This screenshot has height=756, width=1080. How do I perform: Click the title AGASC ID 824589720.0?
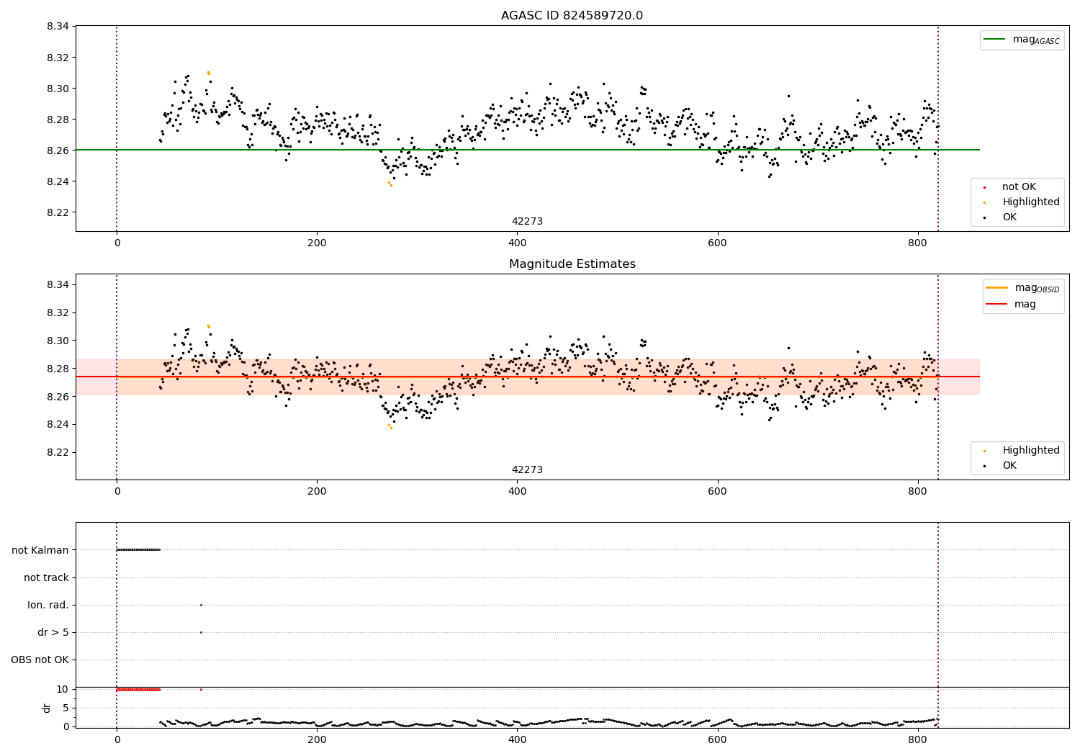pos(572,16)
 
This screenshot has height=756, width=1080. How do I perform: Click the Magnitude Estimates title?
pos(572,264)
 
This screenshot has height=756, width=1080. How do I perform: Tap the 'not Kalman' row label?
pos(40,550)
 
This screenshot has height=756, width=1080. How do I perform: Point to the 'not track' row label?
pos(46,577)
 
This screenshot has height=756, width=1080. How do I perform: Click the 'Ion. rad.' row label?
pos(48,605)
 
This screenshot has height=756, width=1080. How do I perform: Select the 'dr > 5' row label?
pos(53,632)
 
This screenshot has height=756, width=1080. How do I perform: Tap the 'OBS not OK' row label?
pos(40,660)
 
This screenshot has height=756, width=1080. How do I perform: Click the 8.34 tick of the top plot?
pos(58,27)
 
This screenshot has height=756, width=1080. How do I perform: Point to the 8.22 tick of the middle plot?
pos(58,452)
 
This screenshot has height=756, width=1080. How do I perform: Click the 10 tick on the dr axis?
pos(62,689)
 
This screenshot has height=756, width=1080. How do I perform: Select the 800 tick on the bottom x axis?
pos(917,739)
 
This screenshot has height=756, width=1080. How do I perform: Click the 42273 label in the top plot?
pos(527,222)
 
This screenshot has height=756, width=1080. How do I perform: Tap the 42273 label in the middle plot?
pos(527,470)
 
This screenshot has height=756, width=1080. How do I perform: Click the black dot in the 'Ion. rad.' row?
pos(201,605)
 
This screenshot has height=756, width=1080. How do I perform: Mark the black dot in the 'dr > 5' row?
pos(201,632)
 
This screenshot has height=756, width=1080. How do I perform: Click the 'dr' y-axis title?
pos(47,708)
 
